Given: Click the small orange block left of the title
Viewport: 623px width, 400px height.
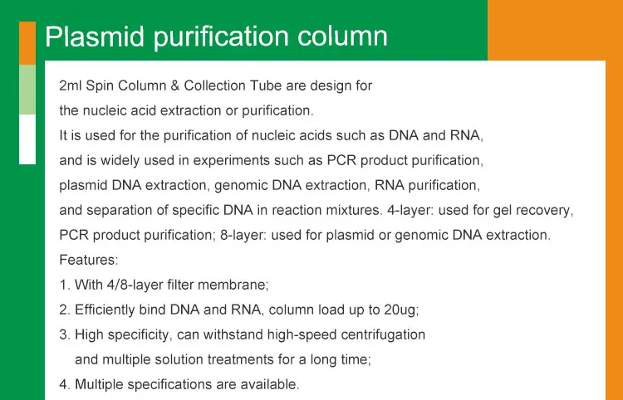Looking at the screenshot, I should point(27,42).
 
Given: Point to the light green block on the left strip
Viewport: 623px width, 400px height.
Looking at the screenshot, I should point(27,90).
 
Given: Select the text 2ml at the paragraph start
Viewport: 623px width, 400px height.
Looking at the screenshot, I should point(71,85).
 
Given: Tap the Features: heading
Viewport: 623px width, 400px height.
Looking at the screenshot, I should point(89,260).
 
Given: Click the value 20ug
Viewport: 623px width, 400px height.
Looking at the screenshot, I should point(400,310).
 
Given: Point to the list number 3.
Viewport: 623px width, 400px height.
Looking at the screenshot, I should point(64,334).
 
